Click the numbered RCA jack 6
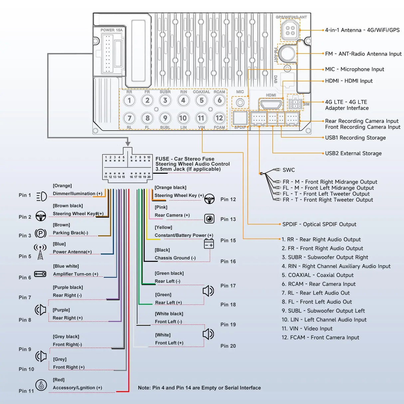(x=219, y=101)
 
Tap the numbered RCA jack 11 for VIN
(x=201, y=118)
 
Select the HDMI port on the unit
(x=271, y=104)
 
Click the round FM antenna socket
(x=287, y=53)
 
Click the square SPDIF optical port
(x=240, y=118)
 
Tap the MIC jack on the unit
(x=240, y=102)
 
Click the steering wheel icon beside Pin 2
(x=41, y=216)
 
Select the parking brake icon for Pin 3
(x=41, y=233)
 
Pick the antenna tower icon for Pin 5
(x=40, y=252)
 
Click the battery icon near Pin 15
(x=209, y=244)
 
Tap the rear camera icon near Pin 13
(x=209, y=219)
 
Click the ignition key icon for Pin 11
(x=41, y=385)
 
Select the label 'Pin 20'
(x=228, y=346)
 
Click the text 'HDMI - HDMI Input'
(x=349, y=81)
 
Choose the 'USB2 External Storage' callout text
(x=353, y=153)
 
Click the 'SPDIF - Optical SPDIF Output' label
(x=319, y=224)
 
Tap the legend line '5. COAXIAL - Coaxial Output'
(x=317, y=275)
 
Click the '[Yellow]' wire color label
(x=163, y=227)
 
